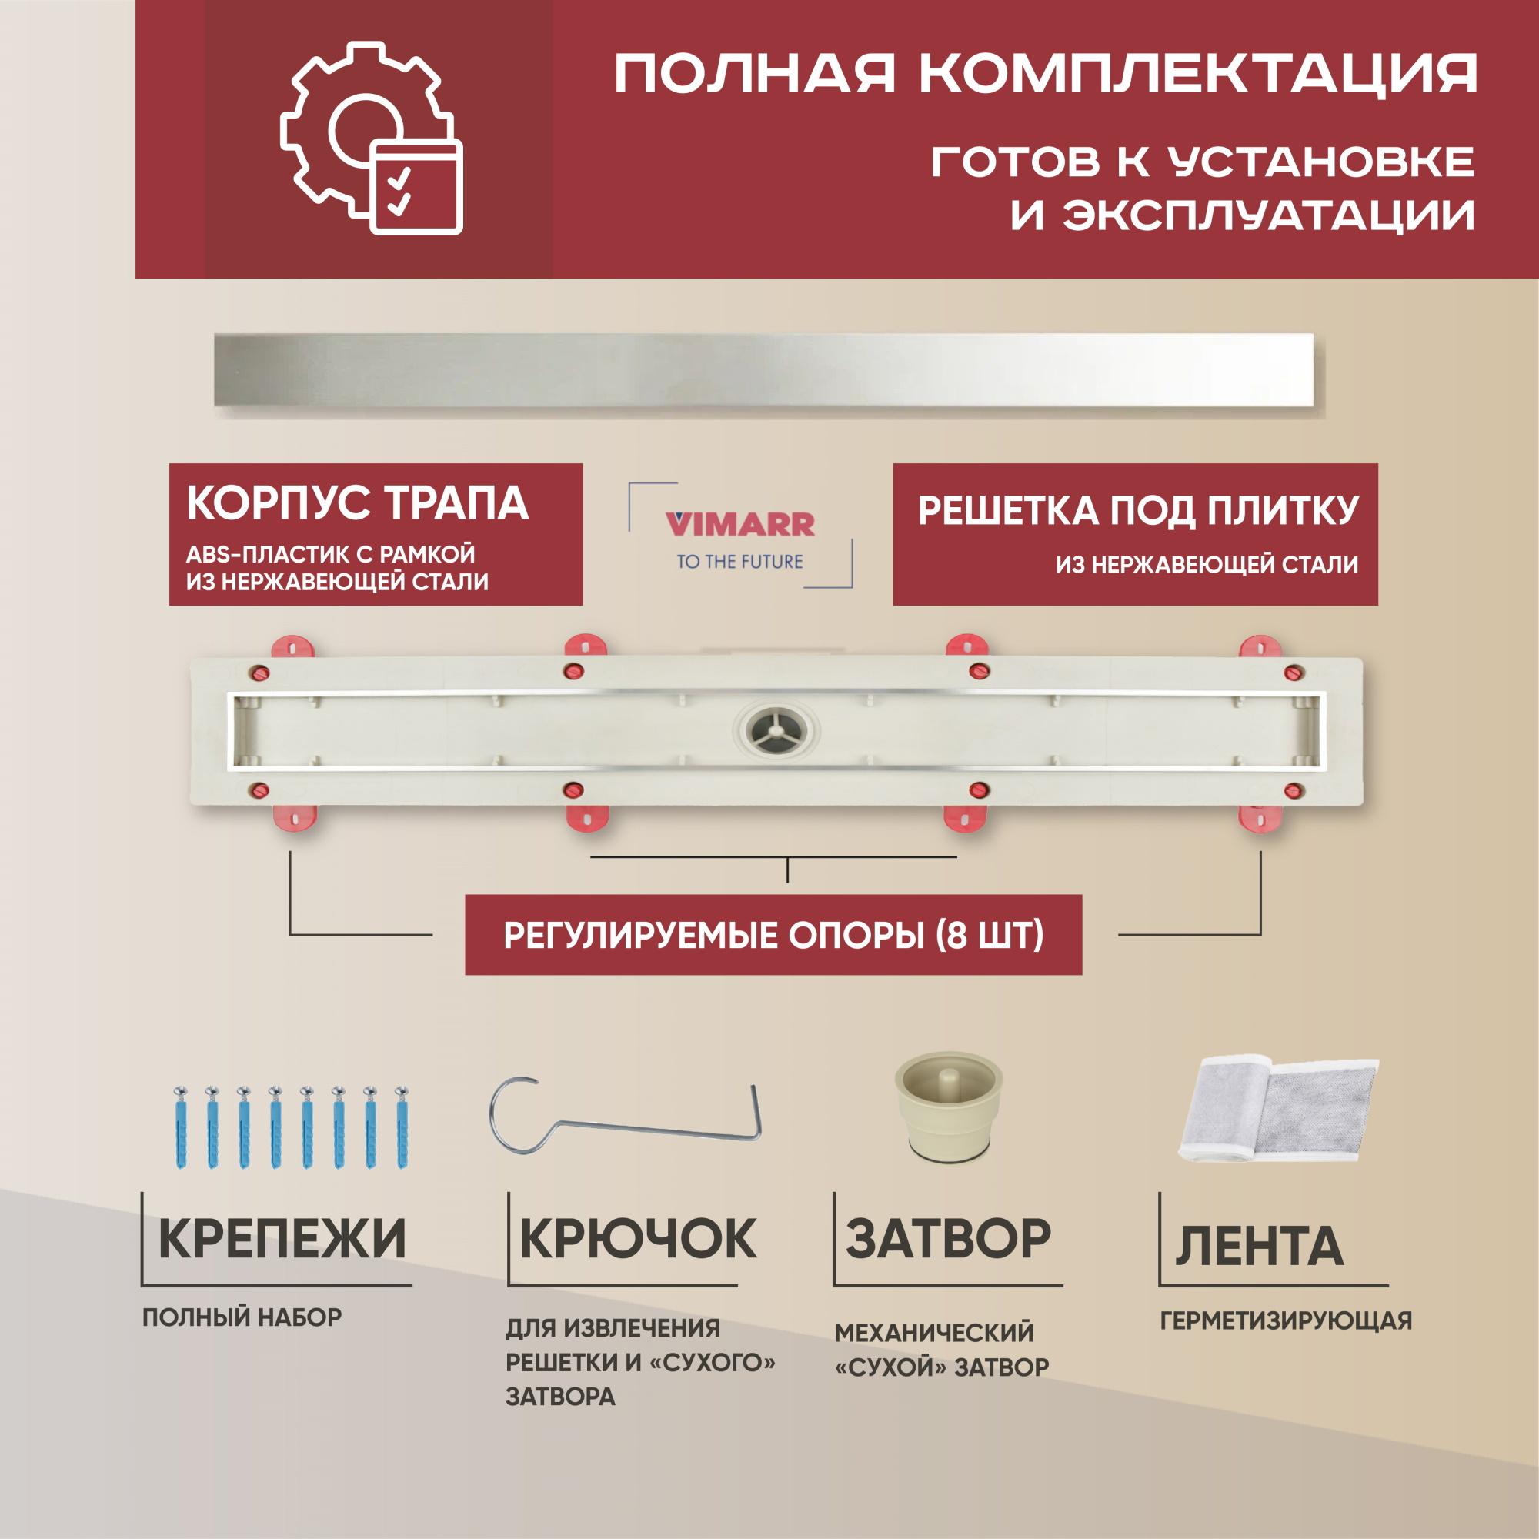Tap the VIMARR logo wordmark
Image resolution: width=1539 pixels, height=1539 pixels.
click(739, 524)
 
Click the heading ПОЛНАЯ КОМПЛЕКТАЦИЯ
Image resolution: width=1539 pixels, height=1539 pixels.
click(1045, 74)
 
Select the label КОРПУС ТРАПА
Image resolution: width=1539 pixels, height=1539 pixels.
click(358, 503)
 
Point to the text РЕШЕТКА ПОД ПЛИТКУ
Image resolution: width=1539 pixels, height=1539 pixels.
click(1138, 511)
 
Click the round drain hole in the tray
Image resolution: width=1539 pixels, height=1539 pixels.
click(776, 729)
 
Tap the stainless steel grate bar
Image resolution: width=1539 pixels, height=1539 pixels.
click(763, 369)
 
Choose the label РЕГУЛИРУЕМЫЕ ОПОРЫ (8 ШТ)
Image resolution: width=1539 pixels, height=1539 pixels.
click(773, 935)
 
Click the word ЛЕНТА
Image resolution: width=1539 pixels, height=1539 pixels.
click(1259, 1246)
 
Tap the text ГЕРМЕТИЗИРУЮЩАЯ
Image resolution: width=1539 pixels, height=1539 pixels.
click(1286, 1320)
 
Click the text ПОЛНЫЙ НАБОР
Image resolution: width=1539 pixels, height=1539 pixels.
click(242, 1317)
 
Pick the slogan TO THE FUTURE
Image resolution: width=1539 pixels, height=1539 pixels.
click(739, 562)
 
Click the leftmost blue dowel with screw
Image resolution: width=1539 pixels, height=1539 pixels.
click(181, 1127)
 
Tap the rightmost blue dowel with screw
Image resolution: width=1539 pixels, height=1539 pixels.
click(402, 1127)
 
